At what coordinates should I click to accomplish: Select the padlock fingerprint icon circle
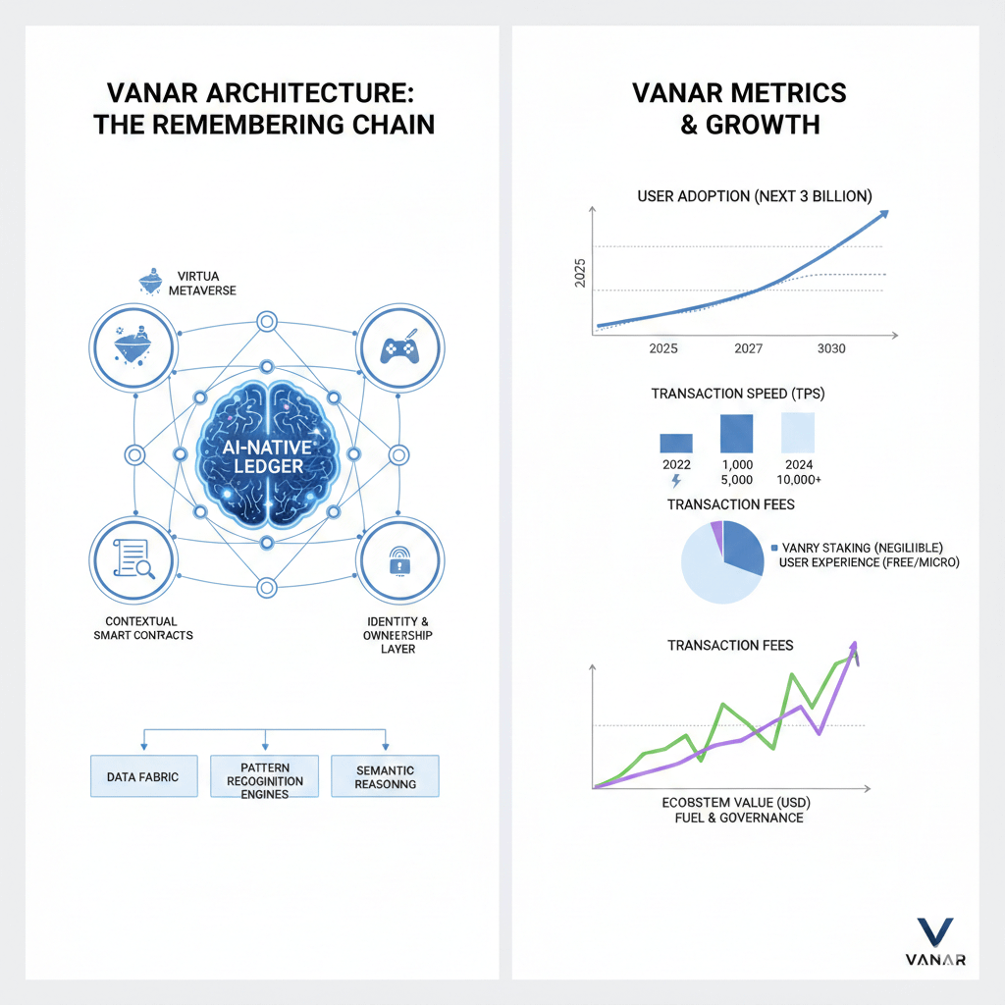[398, 562]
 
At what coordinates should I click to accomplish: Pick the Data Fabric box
[143, 775]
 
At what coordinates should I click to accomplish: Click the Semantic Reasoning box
[385, 776]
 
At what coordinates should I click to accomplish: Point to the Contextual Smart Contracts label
[150, 628]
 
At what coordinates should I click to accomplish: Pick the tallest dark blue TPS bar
[736, 432]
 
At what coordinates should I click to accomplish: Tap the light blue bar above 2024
[797, 432]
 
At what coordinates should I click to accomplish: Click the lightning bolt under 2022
[676, 481]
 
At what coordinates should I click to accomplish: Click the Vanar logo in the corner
[932, 941]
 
